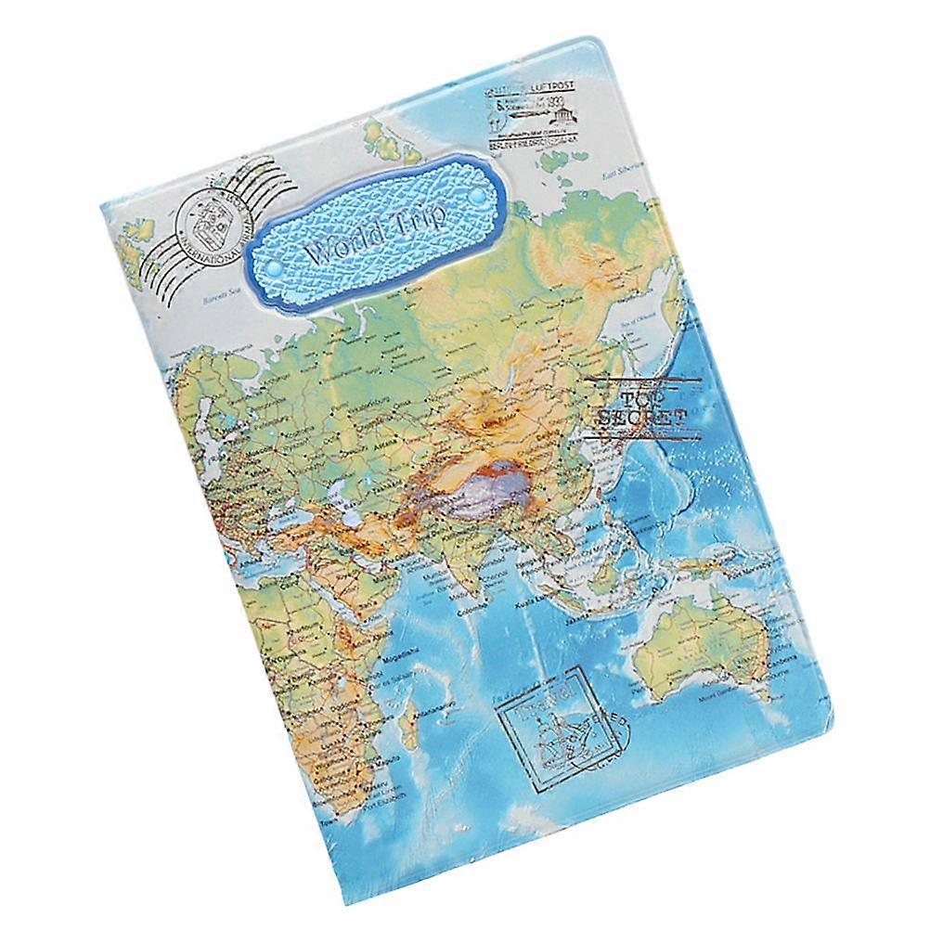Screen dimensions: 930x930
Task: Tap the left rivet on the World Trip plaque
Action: point(276,268)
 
